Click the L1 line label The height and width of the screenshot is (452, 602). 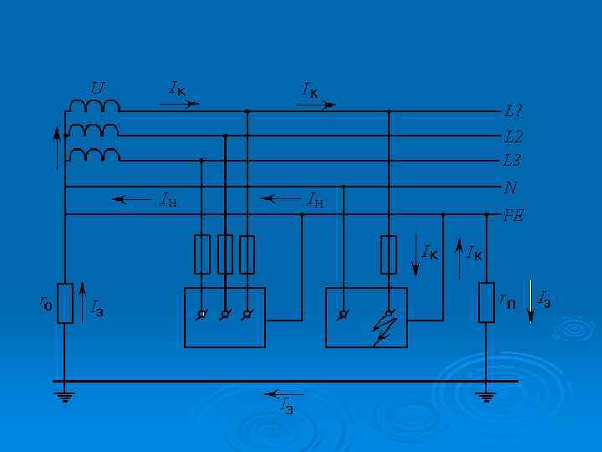point(513,110)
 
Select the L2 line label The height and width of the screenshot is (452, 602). point(513,136)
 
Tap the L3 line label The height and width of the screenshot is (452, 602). point(513,160)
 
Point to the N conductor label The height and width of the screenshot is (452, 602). point(510,188)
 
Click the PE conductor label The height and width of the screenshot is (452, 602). point(513,215)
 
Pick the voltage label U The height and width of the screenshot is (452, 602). point(98,87)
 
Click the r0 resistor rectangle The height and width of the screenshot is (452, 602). point(64,302)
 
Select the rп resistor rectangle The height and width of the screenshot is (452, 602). point(487,302)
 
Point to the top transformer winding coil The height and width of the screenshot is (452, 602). point(94,105)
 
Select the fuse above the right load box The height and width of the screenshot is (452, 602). point(389,254)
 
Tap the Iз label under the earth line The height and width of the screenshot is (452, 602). point(287,407)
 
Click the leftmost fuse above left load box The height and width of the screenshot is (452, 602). point(202,254)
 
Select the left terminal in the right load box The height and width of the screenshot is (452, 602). point(343,315)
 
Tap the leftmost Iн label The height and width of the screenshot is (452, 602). point(167,199)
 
